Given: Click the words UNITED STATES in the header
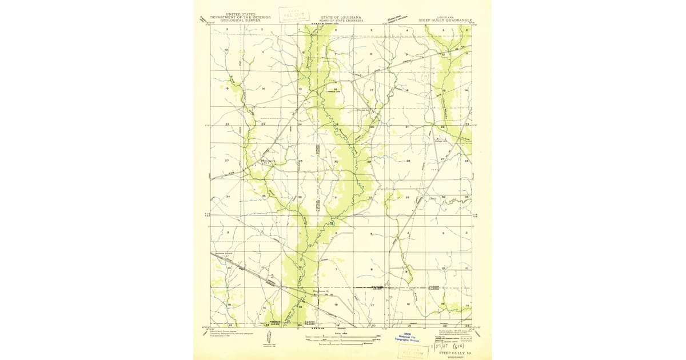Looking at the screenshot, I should [x=240, y=14].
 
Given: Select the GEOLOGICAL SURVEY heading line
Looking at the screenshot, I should [x=240, y=21].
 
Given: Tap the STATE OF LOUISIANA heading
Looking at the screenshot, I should [x=341, y=17].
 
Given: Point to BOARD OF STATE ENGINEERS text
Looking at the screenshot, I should [x=341, y=21].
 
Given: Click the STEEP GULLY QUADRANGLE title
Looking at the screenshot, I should [x=453, y=21].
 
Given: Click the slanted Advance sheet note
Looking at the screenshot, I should [x=397, y=21].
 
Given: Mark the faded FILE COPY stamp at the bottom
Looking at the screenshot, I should [x=416, y=350].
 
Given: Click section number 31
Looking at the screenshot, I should [x=336, y=198].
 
